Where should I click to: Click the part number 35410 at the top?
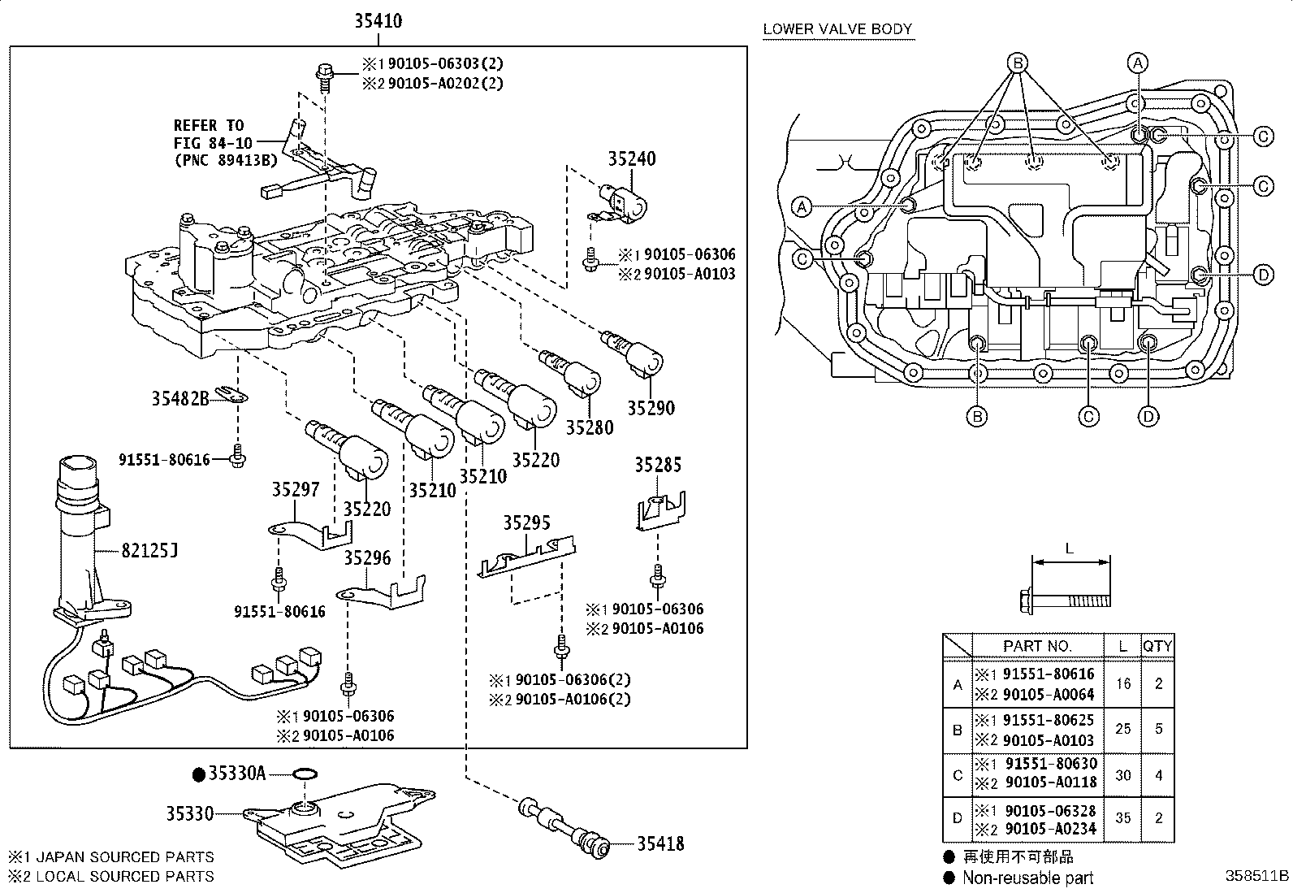pos(378,21)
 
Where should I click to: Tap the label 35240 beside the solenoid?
pos(632,158)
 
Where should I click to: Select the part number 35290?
pos(651,408)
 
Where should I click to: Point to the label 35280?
pos(590,427)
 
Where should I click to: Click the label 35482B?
pos(180,398)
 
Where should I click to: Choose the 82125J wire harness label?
pos(149,551)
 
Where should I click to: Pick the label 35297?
pos(296,489)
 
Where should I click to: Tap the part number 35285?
pos(658,465)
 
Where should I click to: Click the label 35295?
pos(526,522)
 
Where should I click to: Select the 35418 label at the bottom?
pos(660,844)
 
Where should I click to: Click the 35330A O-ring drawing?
pos(305,774)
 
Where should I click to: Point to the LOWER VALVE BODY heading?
pos(837,29)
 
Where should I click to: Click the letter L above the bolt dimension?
pos(1070,548)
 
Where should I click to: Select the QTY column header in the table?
pos(1157,646)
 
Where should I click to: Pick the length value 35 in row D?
pos(1122,818)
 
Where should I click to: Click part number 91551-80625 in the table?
pos(1049,720)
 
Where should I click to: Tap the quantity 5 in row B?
pos(1158,729)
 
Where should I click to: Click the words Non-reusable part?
pos(1028,878)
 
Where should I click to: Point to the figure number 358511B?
pos(1257,876)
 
